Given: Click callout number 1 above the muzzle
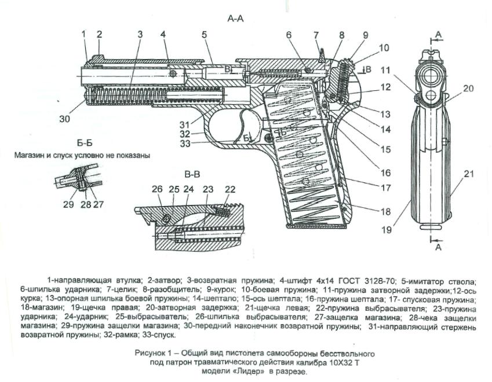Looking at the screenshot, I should tap(83, 34).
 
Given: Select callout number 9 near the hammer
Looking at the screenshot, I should tap(365, 35).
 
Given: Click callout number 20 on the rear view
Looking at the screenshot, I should tap(468, 89).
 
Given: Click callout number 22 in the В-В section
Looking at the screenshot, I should tap(230, 189).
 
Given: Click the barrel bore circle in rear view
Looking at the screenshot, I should tap(431, 76).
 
